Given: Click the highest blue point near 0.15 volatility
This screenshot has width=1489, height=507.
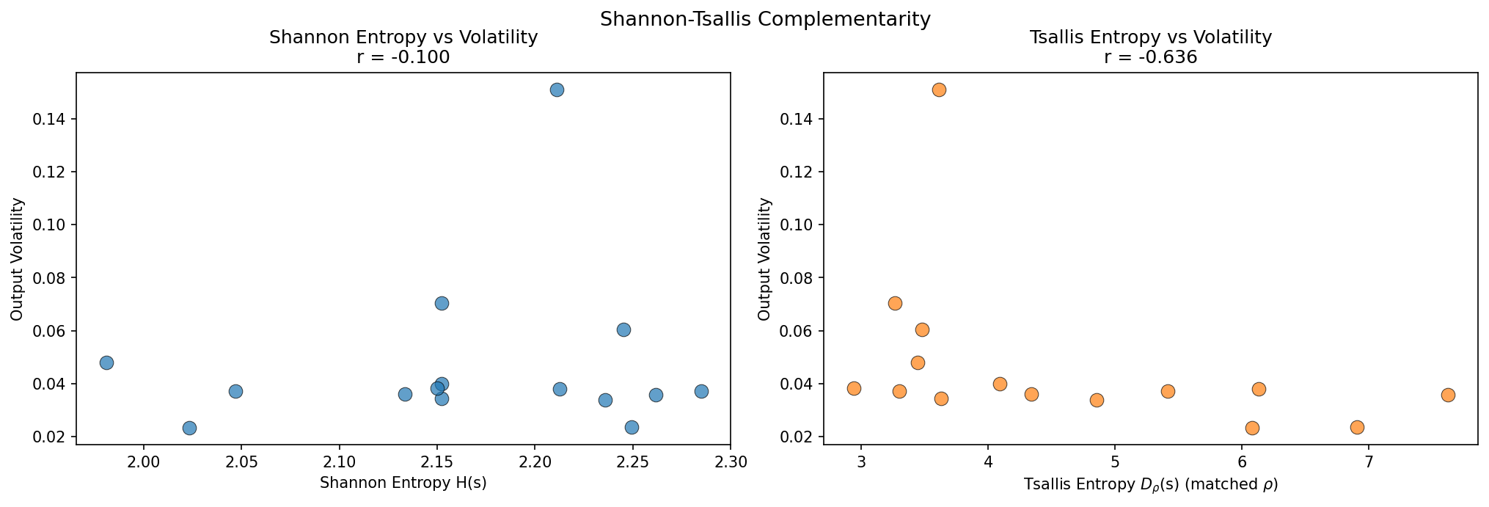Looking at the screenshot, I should (557, 90).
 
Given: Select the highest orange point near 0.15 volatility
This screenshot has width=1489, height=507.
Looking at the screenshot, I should (939, 90).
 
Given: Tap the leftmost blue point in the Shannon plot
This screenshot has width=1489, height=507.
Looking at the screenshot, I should (106, 362).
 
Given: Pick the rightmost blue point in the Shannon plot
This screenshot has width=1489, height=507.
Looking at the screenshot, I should (701, 391).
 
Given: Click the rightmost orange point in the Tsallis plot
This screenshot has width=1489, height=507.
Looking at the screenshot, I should (1448, 395).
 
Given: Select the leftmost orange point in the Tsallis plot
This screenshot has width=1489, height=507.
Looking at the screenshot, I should (854, 388).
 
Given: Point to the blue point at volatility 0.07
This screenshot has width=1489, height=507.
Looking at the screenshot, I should (442, 303).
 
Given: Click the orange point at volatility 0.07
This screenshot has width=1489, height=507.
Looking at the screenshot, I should (895, 303).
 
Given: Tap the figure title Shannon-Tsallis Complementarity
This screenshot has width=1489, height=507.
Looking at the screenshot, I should (765, 19).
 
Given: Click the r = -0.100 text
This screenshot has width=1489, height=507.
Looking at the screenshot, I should (403, 57).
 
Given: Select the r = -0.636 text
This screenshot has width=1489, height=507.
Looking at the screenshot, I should (1150, 57).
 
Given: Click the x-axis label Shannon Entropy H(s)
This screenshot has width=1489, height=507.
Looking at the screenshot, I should (403, 483).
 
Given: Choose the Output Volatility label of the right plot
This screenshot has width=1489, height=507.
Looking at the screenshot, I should (764, 258).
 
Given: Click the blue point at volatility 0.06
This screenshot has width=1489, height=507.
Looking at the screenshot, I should (623, 329).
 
